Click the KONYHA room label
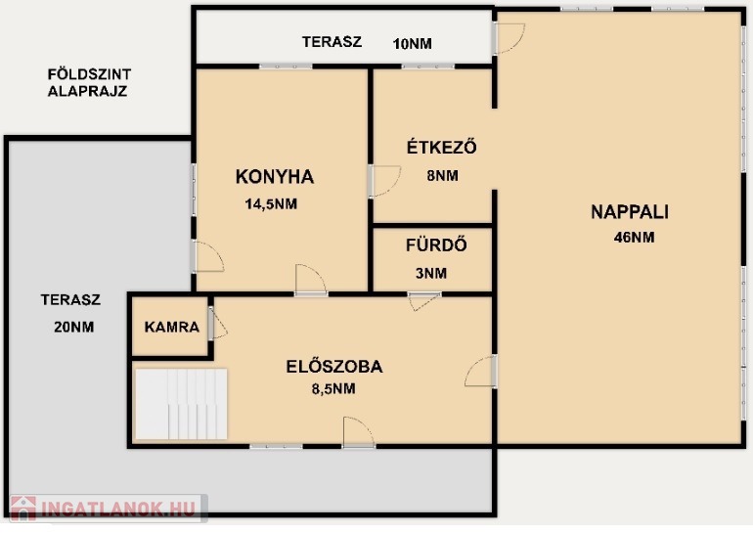pos(275,177)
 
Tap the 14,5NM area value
pos(271,204)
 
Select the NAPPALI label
pos(630,212)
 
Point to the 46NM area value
pos(634,238)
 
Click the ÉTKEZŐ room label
pos(442,147)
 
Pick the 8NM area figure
pos(442,176)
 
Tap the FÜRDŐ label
pos(436,244)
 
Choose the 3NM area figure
pos(431,273)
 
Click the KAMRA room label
pos(171,327)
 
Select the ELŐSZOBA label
pos(334,367)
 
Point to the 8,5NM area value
pos(333,388)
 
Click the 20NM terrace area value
pos(74,327)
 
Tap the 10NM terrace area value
pos(412,44)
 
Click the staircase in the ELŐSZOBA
pos(181,404)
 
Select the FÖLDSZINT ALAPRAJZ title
pos(89,82)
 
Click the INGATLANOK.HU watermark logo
pos(109,508)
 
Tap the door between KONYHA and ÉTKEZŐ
pos(384,181)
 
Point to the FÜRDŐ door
pos(424,301)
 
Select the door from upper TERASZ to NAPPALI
pos(509,38)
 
